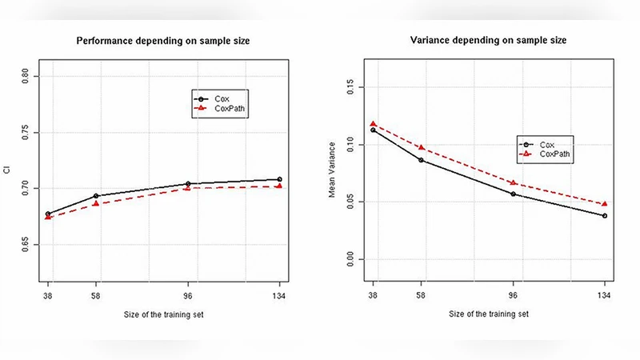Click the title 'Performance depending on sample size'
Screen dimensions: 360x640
coord(162,41)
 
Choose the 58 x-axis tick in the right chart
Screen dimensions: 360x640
coord(421,295)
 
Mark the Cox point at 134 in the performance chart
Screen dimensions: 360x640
coord(279,180)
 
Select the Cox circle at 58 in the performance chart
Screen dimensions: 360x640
coord(96,196)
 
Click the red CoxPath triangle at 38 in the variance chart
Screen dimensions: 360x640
coord(373,124)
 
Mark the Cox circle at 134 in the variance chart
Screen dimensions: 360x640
coord(604,216)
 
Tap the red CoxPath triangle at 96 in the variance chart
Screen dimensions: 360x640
coord(513,183)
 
